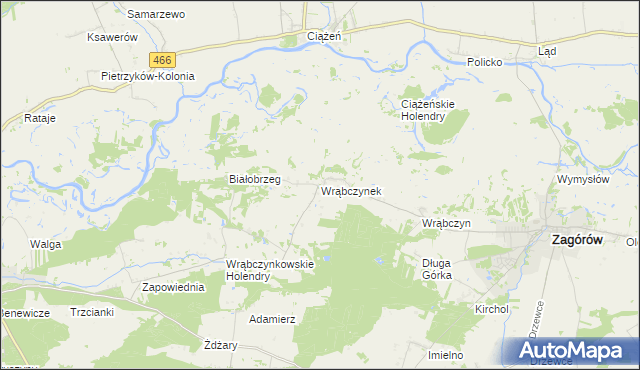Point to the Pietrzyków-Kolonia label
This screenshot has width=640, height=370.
click(x=148, y=75)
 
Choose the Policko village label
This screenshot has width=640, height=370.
click(x=491, y=61)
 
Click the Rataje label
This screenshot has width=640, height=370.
click(x=40, y=118)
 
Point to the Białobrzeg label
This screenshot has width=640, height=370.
click(x=254, y=179)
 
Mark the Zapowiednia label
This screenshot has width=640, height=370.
click(x=174, y=287)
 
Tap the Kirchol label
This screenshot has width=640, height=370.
click(x=493, y=309)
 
